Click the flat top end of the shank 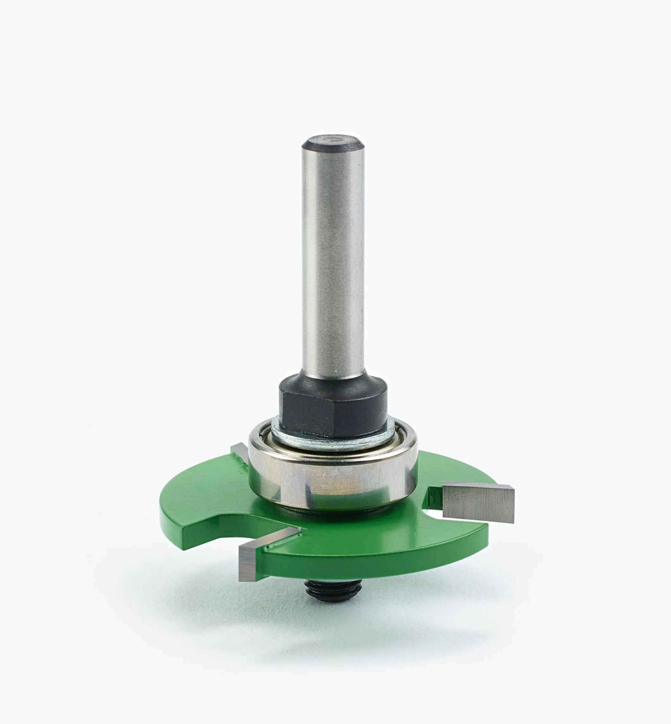point(332,139)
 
